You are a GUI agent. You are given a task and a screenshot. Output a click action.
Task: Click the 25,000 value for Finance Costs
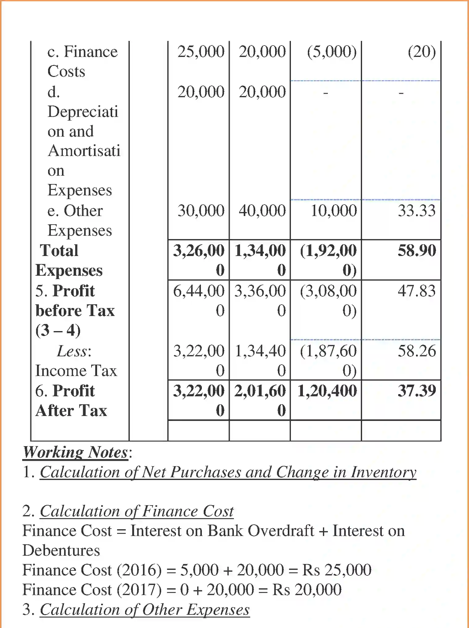(x=201, y=52)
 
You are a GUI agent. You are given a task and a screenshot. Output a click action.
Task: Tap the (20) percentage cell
(x=422, y=52)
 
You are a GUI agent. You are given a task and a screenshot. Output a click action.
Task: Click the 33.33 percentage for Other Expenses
(x=417, y=211)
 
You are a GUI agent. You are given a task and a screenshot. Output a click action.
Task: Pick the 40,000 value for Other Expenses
(x=262, y=211)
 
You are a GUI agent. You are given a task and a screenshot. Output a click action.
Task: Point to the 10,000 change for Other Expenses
(x=334, y=211)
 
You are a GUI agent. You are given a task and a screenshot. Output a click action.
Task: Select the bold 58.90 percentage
(x=417, y=250)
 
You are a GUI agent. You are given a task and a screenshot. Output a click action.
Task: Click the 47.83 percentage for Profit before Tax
(x=417, y=291)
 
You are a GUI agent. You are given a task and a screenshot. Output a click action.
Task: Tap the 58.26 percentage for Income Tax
(x=417, y=351)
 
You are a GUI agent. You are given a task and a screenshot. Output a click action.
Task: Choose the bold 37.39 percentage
(x=417, y=391)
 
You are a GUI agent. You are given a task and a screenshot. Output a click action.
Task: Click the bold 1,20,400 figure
(x=327, y=391)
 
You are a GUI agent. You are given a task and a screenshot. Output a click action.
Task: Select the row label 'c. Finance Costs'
(x=82, y=61)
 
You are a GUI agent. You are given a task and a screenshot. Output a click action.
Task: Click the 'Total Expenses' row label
(x=69, y=260)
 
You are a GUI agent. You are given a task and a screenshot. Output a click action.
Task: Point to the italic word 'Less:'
(x=74, y=351)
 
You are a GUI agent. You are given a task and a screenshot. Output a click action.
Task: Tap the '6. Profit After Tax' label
(x=71, y=401)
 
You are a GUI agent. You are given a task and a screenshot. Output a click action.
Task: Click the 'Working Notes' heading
(x=75, y=452)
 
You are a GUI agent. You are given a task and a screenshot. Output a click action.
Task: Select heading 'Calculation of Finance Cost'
(x=137, y=511)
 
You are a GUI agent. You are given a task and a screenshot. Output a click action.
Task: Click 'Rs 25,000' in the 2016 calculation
(x=336, y=570)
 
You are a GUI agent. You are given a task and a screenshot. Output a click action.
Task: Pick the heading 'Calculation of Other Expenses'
(x=145, y=610)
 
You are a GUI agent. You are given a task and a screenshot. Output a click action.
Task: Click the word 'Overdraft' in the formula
(x=281, y=531)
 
